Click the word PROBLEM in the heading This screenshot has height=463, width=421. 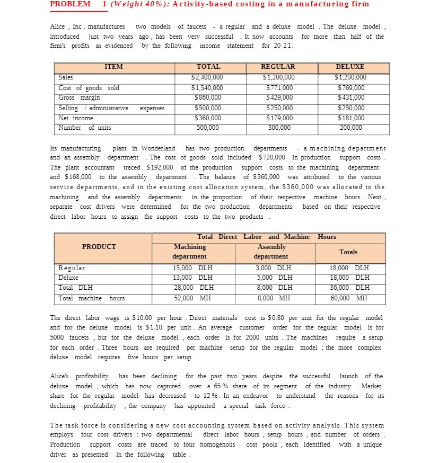point(70,4)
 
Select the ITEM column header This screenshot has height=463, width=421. point(113,67)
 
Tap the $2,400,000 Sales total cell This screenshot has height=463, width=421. point(206,77)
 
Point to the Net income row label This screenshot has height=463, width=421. point(76,118)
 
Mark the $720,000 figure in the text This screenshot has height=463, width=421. point(273,158)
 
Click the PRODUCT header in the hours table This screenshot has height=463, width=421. point(99,247)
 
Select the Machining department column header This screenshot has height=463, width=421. point(190,251)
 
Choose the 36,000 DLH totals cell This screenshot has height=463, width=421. point(349,288)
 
